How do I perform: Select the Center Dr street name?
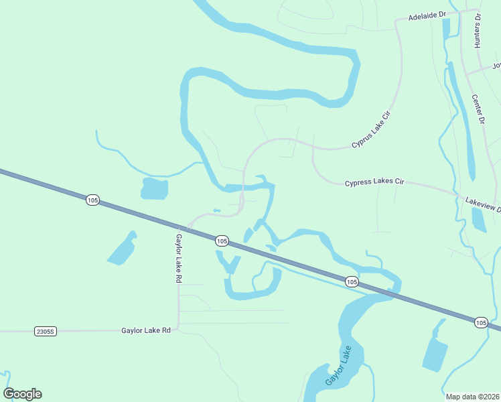[478, 110]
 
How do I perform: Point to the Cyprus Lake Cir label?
[371, 131]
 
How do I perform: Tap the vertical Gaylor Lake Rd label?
[179, 257]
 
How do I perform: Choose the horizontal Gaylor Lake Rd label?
[146, 330]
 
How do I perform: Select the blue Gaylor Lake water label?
[338, 365]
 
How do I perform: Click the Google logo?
[22, 394]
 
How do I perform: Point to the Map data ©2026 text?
[472, 397]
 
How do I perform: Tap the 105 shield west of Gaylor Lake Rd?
[93, 200]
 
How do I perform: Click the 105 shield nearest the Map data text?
[480, 323]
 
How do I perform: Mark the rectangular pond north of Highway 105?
[154, 188]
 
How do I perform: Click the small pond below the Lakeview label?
[478, 219]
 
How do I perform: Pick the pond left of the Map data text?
[435, 353]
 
